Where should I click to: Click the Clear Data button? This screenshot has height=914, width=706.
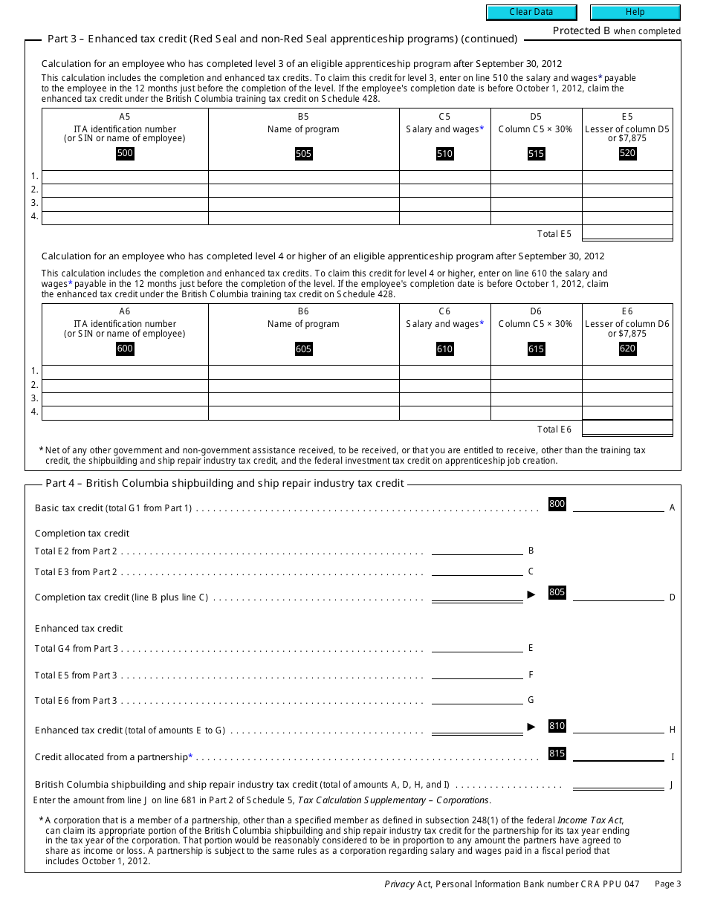[531, 12]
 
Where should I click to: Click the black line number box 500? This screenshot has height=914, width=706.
[125, 153]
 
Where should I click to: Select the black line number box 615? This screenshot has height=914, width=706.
[536, 349]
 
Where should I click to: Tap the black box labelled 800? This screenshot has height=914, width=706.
[557, 504]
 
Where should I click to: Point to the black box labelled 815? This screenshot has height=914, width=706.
[557, 753]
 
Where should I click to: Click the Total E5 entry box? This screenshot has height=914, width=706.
[627, 233]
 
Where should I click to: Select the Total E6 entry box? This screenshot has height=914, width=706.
[627, 429]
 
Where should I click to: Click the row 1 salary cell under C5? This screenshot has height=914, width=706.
[444, 177]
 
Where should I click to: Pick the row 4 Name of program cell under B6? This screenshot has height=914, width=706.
[303, 412]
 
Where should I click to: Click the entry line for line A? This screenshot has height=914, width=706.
[618, 507]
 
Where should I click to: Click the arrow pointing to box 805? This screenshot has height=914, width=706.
[531, 594]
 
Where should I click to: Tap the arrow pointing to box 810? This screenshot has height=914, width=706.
[531, 727]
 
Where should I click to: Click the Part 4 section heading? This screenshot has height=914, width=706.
[224, 483]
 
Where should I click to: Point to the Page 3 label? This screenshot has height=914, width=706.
[667, 884]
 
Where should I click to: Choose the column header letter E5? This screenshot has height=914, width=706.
[627, 117]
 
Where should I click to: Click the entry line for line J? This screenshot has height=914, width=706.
[618, 784]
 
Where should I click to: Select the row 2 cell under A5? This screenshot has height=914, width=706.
[125, 190]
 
